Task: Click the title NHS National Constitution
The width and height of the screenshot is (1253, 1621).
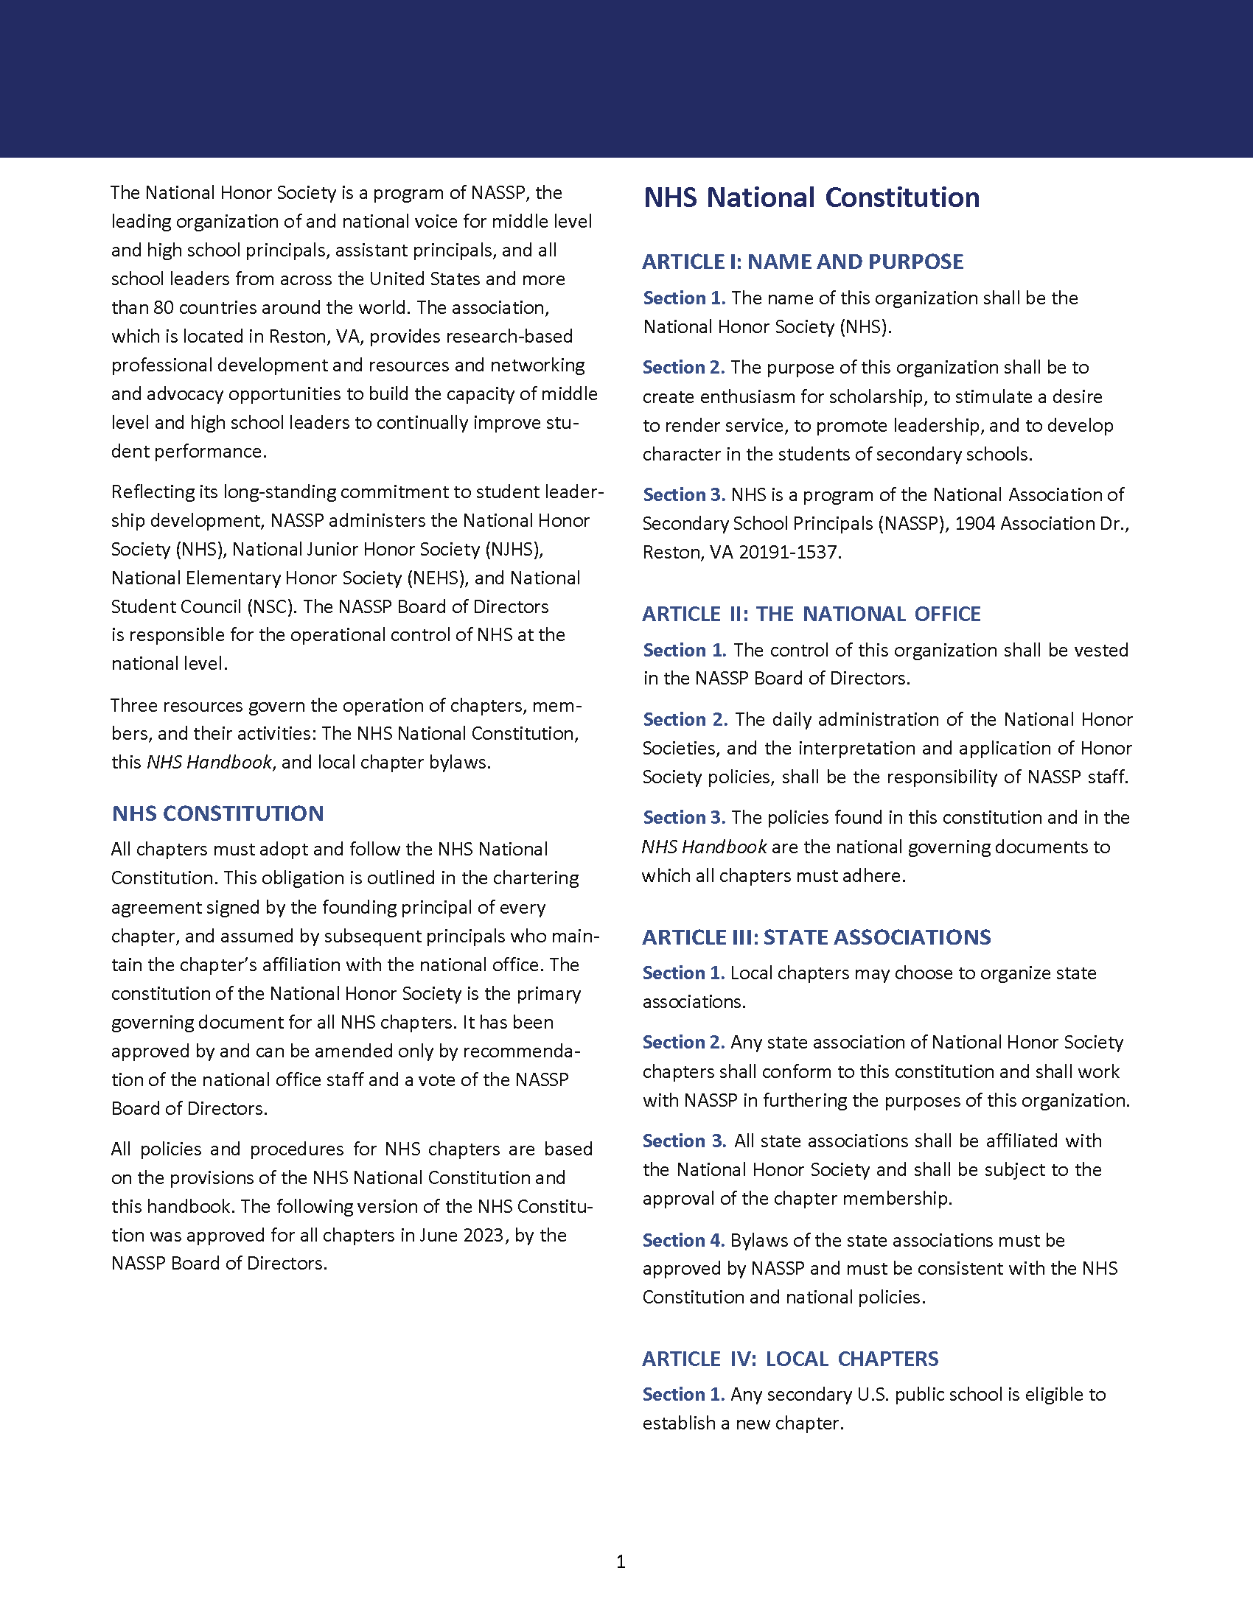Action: [811, 198]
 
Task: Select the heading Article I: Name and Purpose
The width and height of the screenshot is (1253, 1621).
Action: [803, 262]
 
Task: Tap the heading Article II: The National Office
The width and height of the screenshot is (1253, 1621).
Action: [811, 614]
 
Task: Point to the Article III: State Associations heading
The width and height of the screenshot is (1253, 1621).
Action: [816, 937]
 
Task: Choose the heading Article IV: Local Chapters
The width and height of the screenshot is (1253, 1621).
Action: [790, 1359]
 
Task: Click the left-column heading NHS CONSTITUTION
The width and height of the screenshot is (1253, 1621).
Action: [217, 813]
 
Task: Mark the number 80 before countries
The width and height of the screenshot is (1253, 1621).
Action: [164, 308]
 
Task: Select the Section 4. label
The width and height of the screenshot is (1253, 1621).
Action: [683, 1240]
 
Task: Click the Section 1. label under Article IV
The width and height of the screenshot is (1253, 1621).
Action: [683, 1395]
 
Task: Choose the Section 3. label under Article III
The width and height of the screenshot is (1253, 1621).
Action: [684, 1141]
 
